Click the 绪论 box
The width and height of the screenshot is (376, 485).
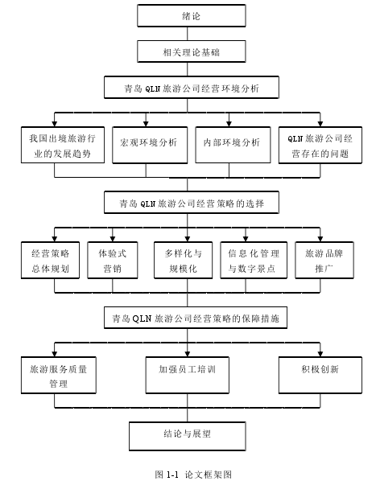click(192, 15)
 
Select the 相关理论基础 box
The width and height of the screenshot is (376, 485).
click(192, 51)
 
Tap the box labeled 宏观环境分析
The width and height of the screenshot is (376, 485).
click(150, 145)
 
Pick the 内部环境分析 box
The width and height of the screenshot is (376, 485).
click(233, 145)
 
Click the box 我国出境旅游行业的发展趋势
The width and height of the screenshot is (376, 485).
click(63, 145)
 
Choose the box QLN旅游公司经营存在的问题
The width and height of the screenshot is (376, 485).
click(320, 145)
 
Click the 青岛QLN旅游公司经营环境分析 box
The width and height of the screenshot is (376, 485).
click(192, 88)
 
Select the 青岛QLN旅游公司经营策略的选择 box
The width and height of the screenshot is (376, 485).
click(192, 203)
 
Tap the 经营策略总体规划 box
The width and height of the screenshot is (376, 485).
click(50, 260)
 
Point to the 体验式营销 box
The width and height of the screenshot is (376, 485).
click(113, 260)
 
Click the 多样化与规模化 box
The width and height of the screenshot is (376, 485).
click(183, 260)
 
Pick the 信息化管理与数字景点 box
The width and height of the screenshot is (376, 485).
click(254, 260)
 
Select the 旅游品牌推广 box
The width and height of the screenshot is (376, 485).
click(324, 260)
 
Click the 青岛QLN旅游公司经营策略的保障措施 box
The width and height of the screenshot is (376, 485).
click(196, 318)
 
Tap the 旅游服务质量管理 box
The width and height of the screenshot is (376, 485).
click(59, 375)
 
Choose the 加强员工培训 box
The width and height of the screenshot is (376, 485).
click(188, 375)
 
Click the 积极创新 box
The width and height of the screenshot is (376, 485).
click(320, 375)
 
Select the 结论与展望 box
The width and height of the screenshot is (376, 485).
click(188, 436)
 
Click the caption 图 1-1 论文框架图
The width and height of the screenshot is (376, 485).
click(193, 475)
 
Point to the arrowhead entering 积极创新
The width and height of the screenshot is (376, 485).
click(320, 354)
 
